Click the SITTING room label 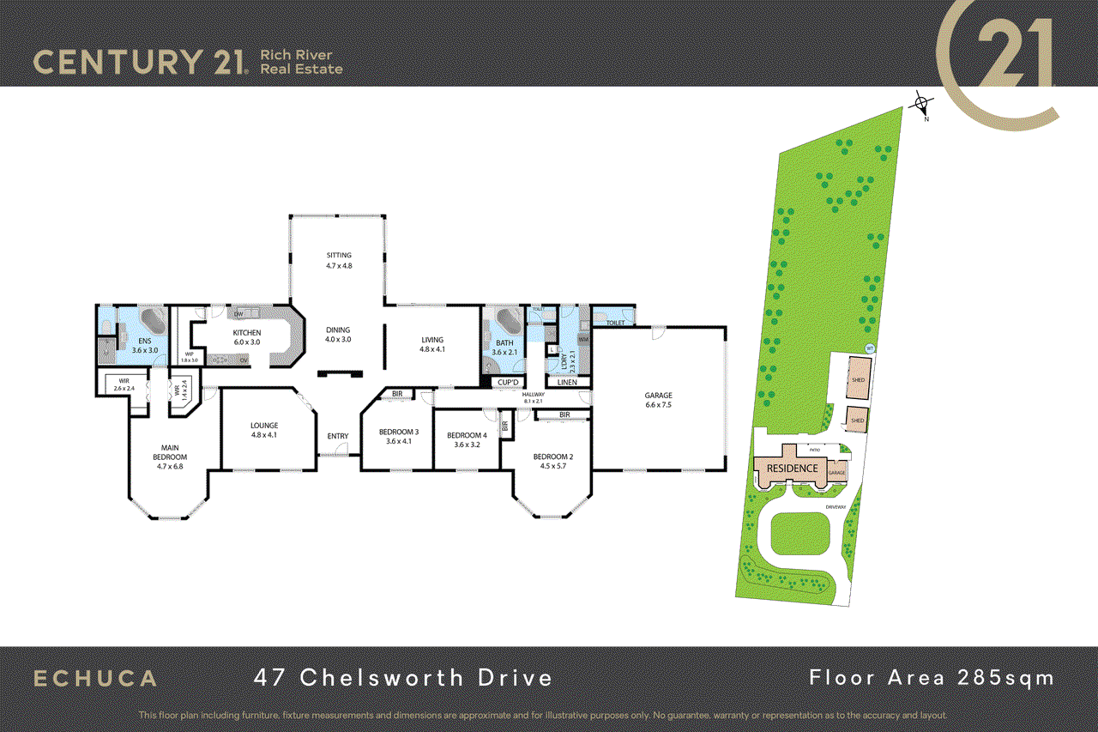tap(339, 255)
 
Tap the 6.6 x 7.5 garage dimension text tap(659, 406)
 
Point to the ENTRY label tap(338, 436)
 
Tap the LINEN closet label tap(567, 383)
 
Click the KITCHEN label tap(247, 333)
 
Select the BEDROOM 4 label tap(467, 435)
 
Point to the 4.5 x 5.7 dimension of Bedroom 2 tap(552, 467)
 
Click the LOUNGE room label tap(264, 425)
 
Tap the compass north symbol tap(921, 106)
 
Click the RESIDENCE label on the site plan tap(792, 469)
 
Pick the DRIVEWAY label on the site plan tap(836, 507)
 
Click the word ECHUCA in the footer tap(95, 678)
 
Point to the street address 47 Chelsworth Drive tap(403, 678)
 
